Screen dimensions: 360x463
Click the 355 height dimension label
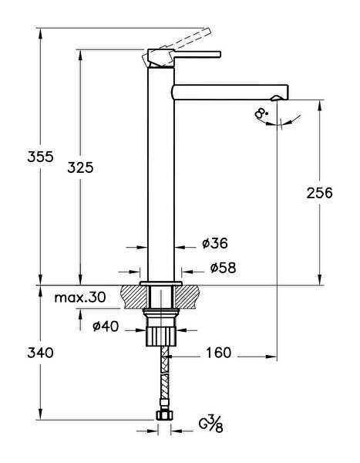point(40,157)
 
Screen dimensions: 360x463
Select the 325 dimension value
point(80,167)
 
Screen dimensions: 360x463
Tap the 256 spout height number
point(319,193)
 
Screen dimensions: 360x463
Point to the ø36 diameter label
point(215,243)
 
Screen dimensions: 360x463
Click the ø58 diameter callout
point(223,268)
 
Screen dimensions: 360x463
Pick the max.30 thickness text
point(80,297)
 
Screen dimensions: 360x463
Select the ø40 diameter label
point(106,326)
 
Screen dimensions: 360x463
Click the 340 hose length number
point(40,353)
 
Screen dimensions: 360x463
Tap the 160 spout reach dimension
point(218,353)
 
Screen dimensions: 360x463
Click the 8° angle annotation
point(261,113)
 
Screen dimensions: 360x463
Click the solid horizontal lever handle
point(197,54)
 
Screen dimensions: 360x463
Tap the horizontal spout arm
point(230,92)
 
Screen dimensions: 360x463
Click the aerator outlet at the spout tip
point(277,98)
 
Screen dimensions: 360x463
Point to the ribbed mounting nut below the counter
point(161,336)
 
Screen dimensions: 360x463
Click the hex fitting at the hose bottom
point(164,416)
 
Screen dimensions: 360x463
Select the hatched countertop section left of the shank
point(133,297)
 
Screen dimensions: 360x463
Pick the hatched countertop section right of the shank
point(187,297)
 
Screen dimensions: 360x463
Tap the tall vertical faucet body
point(161,174)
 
